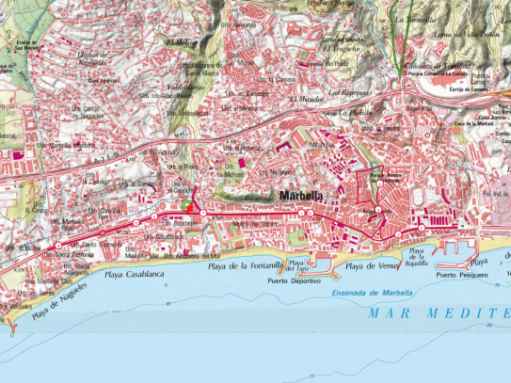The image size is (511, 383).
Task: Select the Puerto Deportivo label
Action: pyautogui.click(x=290, y=280)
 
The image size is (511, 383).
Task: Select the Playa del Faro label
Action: pyautogui.click(x=299, y=265)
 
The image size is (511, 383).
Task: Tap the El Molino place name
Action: pyautogui.click(x=181, y=41)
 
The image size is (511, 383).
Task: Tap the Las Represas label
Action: pyautogui.click(x=362, y=95)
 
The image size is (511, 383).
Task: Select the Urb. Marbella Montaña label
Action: pyautogui.click(x=71, y=146)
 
